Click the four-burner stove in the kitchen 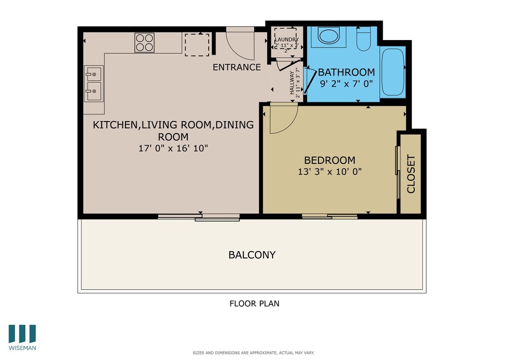144,43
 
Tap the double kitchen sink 94,84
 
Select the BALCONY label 252,255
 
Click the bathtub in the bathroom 392,73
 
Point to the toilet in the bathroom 364,39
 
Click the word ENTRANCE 236,67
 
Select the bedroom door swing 282,119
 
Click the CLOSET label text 411,174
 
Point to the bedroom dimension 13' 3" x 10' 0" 330,171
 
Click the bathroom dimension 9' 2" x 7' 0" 346,84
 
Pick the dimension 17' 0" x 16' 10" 173,148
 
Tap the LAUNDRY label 286,40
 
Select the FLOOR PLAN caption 254,304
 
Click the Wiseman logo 22,337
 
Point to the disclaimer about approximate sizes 253,353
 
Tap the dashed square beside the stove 197,44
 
